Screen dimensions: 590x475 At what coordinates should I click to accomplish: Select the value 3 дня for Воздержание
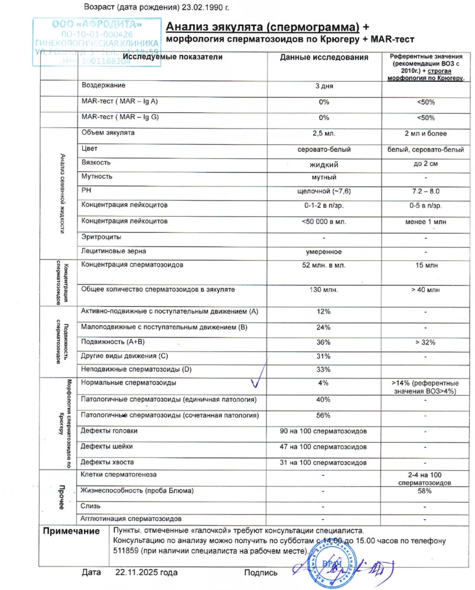(x=324, y=86)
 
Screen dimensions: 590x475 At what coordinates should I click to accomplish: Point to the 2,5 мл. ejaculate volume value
(x=324, y=133)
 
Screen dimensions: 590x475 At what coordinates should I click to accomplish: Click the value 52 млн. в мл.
(x=324, y=266)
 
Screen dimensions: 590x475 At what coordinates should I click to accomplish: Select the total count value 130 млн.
(x=324, y=290)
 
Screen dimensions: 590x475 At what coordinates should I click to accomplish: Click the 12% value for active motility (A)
(x=324, y=312)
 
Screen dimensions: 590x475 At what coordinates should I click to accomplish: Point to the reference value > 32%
(x=425, y=342)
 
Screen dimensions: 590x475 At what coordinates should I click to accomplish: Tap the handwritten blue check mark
(x=255, y=383)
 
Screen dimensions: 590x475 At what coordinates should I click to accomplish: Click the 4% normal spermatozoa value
(x=324, y=383)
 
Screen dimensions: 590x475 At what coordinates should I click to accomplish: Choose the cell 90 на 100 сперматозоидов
(x=324, y=431)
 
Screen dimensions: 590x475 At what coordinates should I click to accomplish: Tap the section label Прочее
(x=60, y=497)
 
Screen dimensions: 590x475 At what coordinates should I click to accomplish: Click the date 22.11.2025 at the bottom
(x=146, y=572)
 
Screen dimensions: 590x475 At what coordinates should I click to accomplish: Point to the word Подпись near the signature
(x=261, y=572)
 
